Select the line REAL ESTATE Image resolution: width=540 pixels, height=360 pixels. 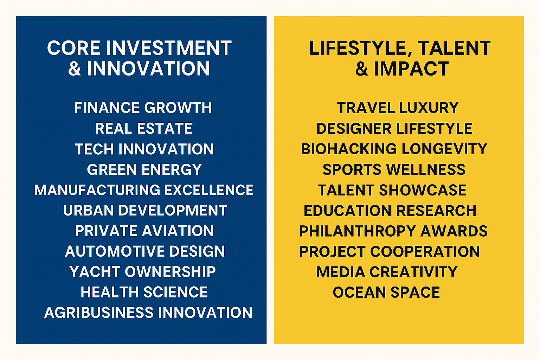point(143,128)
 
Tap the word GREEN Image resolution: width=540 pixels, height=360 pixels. point(112,169)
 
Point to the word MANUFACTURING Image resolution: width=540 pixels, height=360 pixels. point(97,190)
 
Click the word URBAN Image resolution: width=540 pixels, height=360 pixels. point(88,211)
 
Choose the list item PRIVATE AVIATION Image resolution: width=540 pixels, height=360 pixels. point(144,231)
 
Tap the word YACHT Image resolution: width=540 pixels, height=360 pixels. point(95,272)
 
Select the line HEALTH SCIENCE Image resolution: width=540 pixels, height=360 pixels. point(144,292)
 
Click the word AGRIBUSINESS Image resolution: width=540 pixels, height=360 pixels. point(99,313)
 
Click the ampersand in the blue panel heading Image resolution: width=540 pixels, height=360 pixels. point(75,69)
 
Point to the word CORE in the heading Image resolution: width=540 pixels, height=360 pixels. point(74,48)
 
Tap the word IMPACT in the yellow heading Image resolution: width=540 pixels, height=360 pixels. point(411,69)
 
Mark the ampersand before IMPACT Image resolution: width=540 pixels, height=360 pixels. point(362,69)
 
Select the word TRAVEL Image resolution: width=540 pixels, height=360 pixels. point(366,108)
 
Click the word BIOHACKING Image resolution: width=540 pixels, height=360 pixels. point(349,149)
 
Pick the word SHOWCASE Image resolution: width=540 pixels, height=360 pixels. point(423,190)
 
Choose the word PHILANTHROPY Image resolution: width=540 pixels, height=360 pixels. point(358,231)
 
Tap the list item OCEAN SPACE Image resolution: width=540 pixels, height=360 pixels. point(386,292)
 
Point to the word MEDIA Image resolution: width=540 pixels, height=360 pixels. point(341,272)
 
